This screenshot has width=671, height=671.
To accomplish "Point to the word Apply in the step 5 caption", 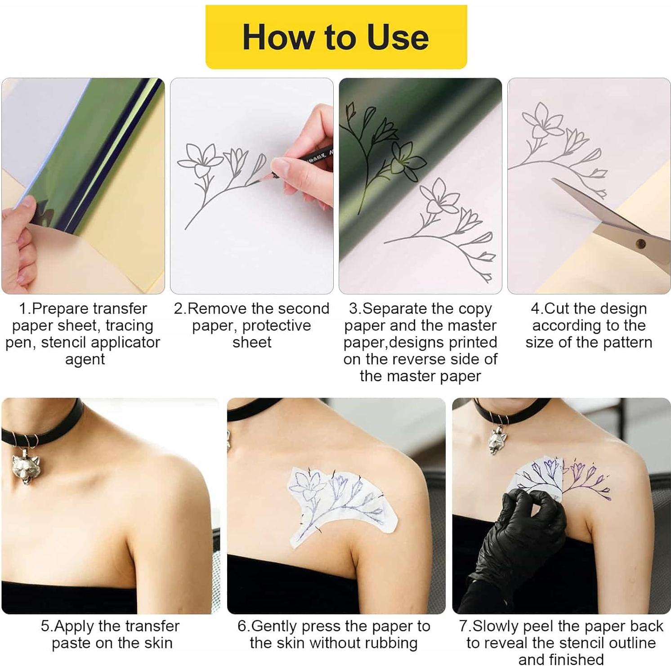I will pos(74,626).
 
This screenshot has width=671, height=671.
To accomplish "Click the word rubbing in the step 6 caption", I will pos(391,643).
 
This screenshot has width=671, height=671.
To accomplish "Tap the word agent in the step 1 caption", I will pos(85,359).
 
